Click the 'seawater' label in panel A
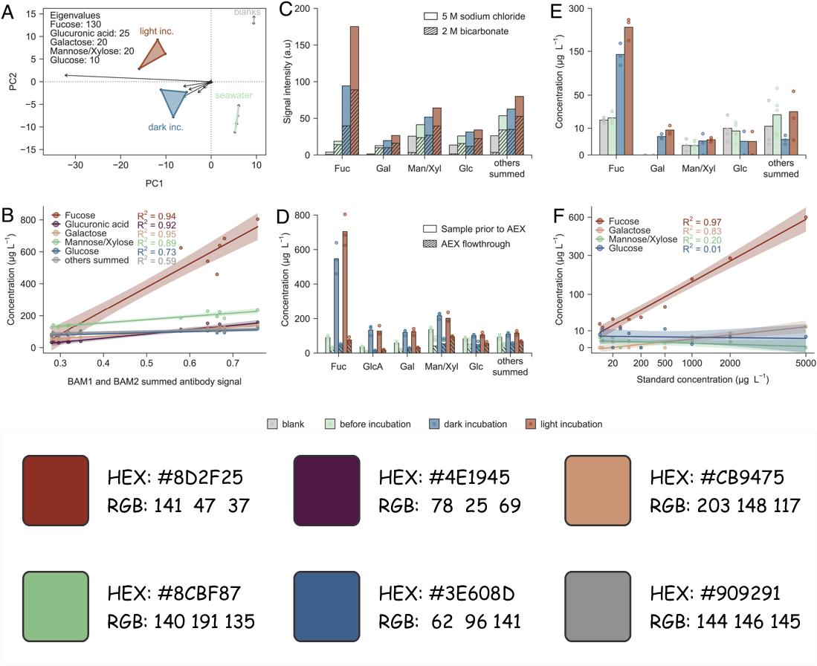pyautogui.click(x=233, y=95)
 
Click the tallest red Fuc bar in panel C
pyautogui.click(x=354, y=90)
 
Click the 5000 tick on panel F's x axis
pyautogui.click(x=806, y=364)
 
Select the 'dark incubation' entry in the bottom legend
pyautogui.click(x=474, y=424)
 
